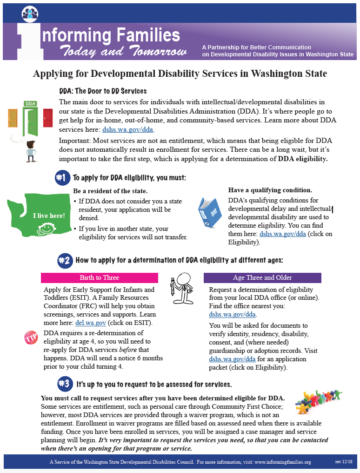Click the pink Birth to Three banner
(99, 277)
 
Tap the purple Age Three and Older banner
(262, 277)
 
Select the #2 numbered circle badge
(64, 260)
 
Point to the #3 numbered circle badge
(64, 384)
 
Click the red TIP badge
(31, 338)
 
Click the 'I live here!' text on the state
(49, 216)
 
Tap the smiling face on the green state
(45, 229)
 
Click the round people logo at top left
(30, 13)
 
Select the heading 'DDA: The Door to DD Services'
(103, 91)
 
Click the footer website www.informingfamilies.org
(282, 462)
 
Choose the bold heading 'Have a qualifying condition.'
(270, 190)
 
